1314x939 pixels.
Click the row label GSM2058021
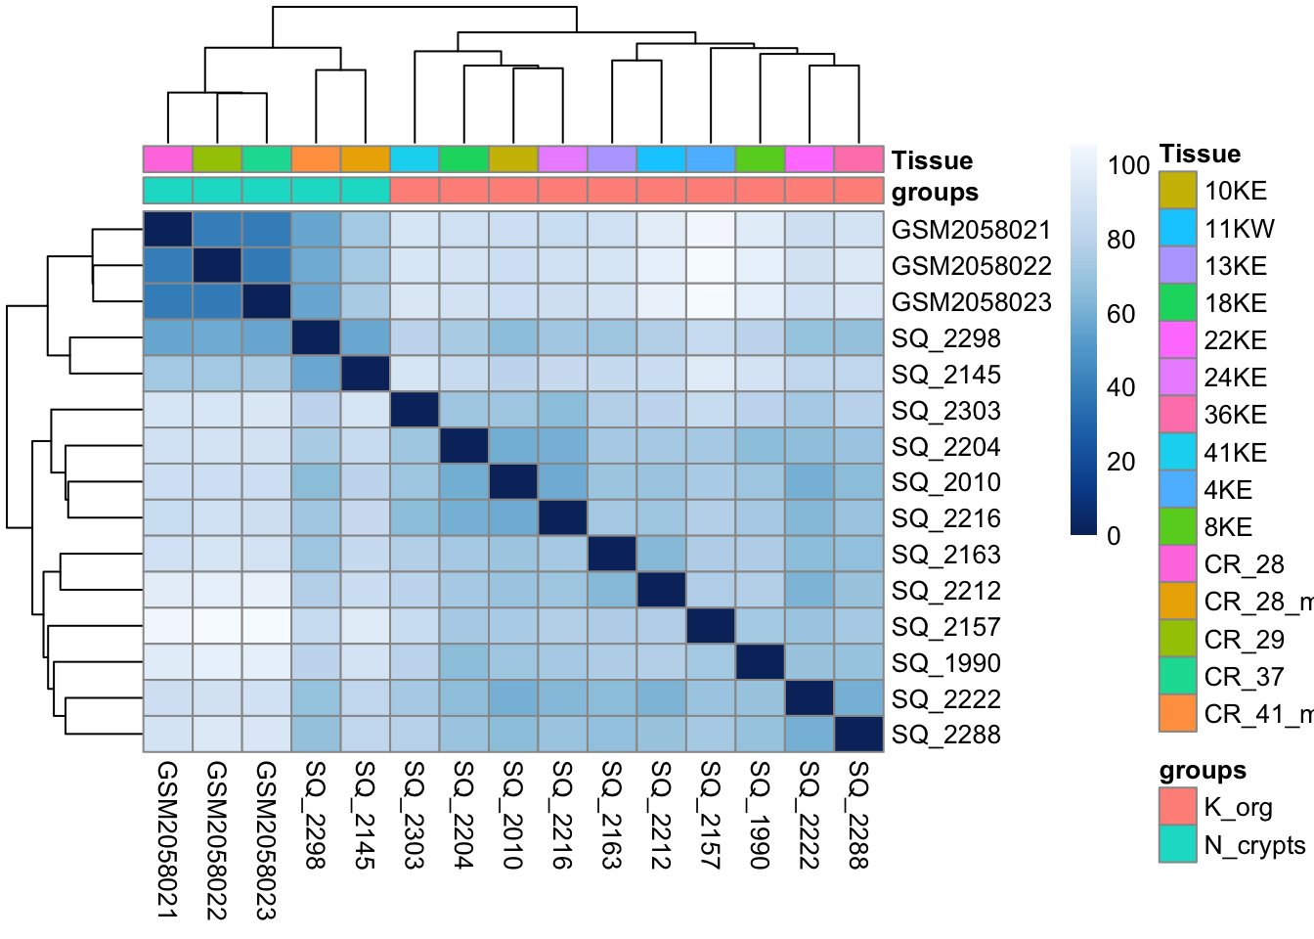[971, 230]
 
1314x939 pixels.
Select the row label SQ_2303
[945, 411]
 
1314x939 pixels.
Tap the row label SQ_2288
[945, 735]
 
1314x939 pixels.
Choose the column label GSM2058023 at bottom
[266, 840]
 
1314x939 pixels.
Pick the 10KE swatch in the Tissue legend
[1178, 191]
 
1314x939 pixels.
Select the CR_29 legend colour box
[1178, 640]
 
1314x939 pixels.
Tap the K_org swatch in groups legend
[1178, 807]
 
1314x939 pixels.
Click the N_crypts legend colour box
[1178, 845]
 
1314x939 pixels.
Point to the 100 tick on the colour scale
[1127, 165]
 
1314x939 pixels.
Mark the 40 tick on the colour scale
[1120, 387]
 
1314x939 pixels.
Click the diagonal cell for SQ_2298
[316, 338]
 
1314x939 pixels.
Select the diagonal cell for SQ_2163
[612, 555]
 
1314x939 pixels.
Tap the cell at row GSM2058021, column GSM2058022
[217, 230]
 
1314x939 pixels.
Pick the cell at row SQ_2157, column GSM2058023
[266, 627]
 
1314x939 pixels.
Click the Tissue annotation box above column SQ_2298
[316, 159]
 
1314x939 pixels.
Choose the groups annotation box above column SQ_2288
[858, 191]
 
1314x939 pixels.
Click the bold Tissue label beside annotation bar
[932, 160]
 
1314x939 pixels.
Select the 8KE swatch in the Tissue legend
[1178, 527]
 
